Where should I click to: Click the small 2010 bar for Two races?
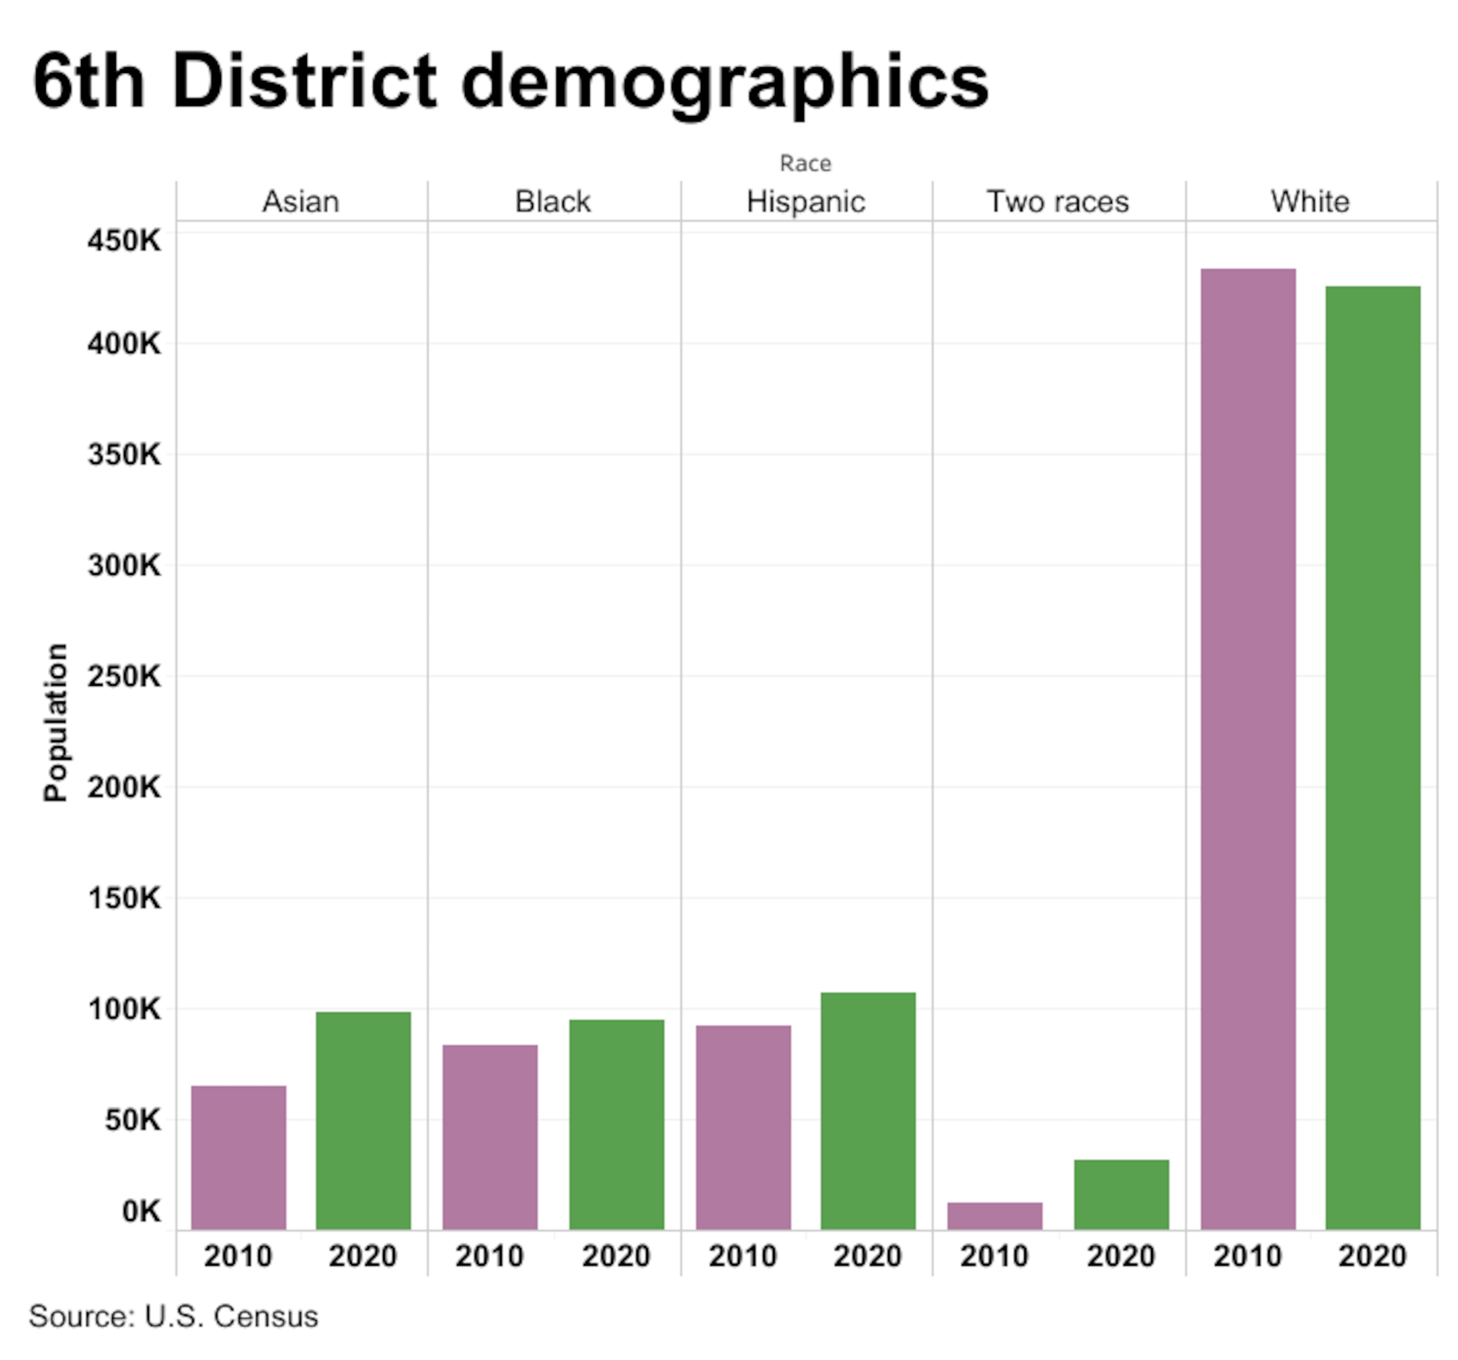(994, 1216)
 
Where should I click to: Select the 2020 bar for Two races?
(1120, 1195)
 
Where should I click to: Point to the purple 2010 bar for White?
(1248, 749)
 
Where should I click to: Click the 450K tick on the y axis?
(124, 241)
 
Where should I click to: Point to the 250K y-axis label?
(124, 676)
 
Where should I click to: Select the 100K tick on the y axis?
(124, 1009)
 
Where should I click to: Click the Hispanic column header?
(805, 201)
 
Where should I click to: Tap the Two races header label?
(1057, 201)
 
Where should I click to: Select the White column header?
(1310, 201)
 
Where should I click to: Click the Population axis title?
(56, 722)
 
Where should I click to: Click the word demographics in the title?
(724, 82)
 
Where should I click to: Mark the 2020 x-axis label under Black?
(616, 1256)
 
